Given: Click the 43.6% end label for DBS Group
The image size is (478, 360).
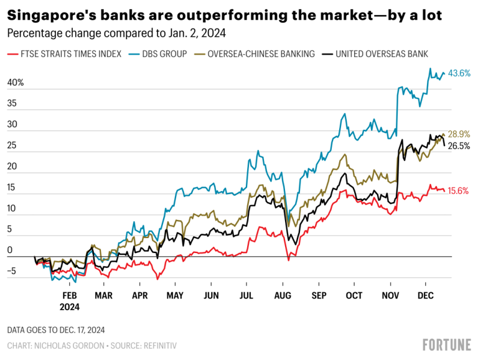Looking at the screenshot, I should click(x=459, y=73).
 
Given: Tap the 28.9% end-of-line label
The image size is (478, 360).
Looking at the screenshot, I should click(x=459, y=134).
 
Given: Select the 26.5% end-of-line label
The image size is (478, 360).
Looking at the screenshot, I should click(x=459, y=146).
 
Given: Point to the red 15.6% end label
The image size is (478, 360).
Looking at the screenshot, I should click(x=459, y=191).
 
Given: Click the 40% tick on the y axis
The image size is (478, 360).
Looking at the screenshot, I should click(x=16, y=83).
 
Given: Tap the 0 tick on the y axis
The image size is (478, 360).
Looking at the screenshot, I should click(x=10, y=251).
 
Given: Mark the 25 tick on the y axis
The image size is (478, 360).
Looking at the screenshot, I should click(x=12, y=145).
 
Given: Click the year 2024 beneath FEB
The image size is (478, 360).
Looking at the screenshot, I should click(x=70, y=307).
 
